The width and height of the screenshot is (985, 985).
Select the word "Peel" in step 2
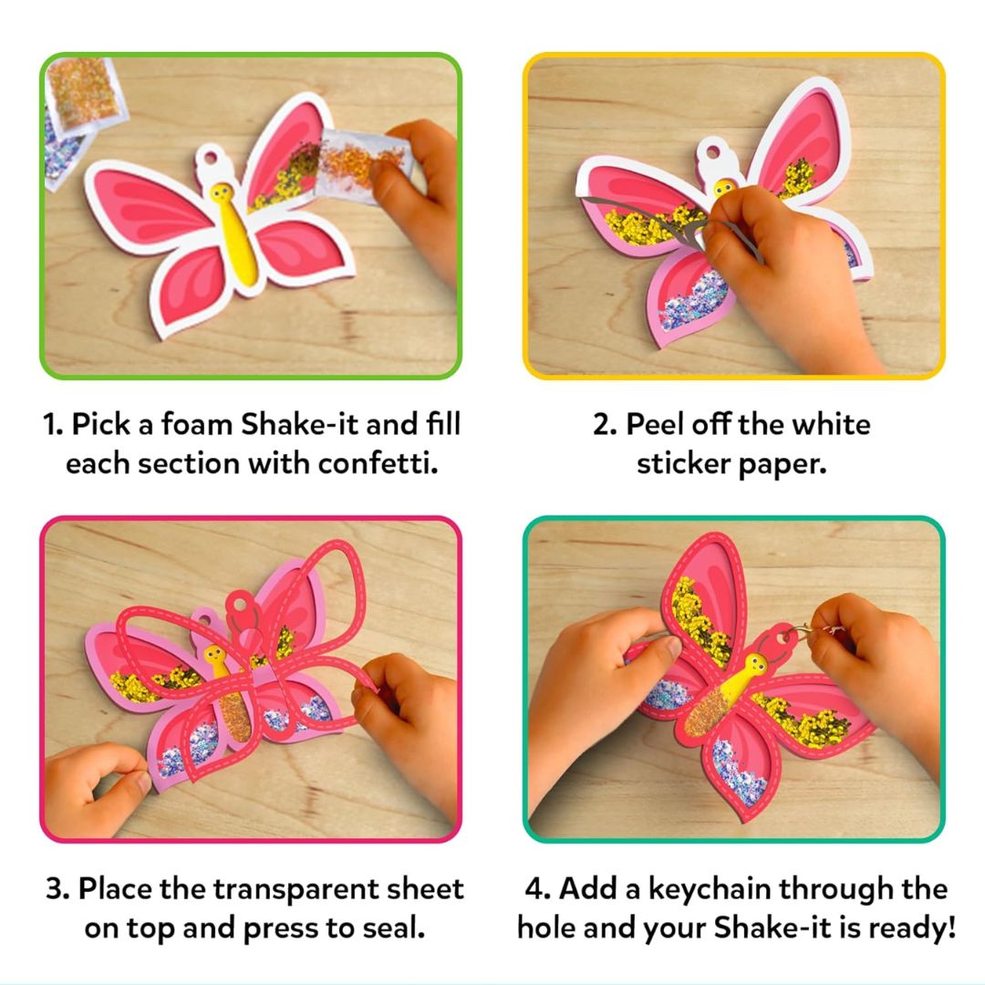pyautogui.click(x=654, y=424)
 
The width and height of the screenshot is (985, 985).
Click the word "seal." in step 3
pyautogui.click(x=395, y=928)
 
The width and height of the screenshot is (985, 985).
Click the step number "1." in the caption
pyautogui.click(x=54, y=425)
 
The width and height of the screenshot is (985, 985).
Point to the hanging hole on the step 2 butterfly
pyautogui.click(x=713, y=151)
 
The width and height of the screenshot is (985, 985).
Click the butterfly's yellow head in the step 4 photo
pyautogui.click(x=756, y=664)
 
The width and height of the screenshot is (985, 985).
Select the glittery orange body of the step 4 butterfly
pyautogui.click(x=709, y=710)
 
